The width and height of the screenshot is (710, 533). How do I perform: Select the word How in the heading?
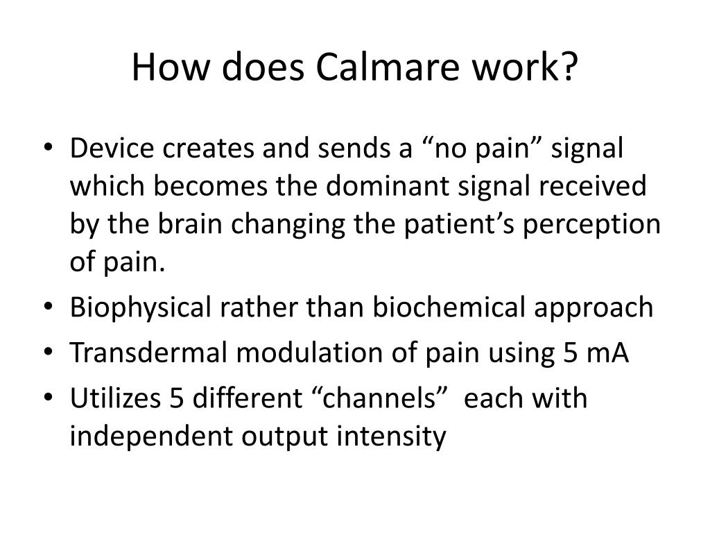click(164, 67)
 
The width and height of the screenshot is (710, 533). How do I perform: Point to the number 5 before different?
click(175, 399)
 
